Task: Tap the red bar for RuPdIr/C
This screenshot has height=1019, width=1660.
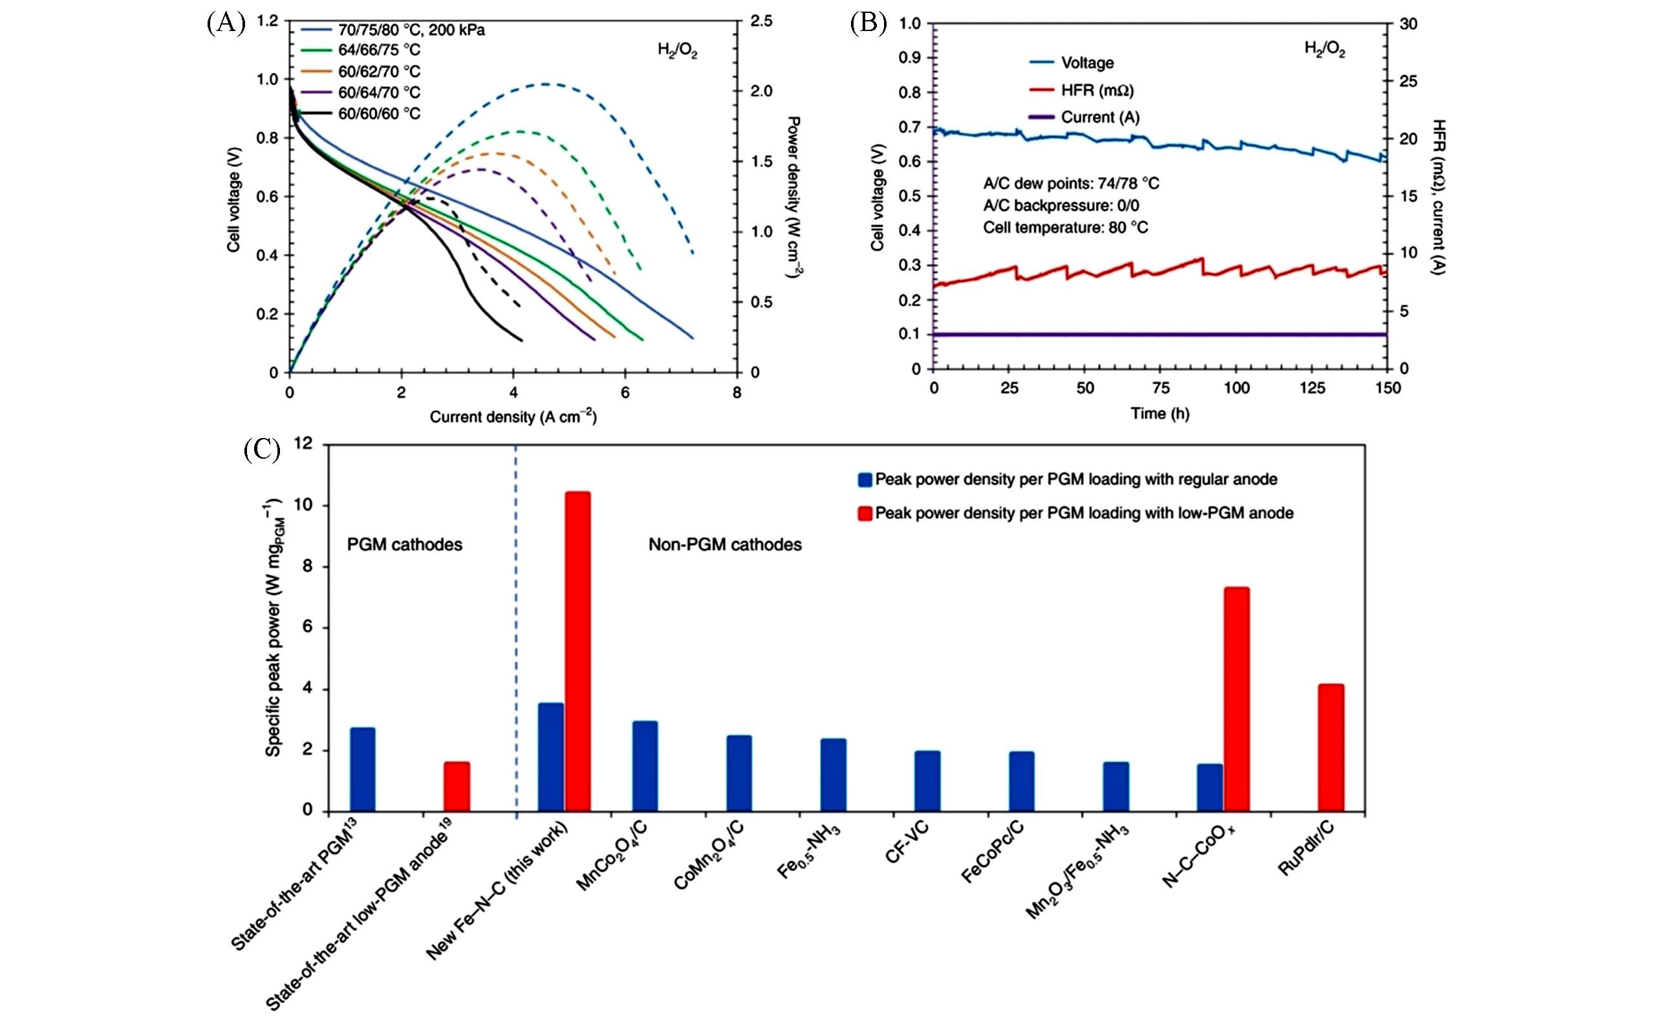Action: (1331, 747)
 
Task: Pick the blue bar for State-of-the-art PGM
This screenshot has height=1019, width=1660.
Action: (362, 769)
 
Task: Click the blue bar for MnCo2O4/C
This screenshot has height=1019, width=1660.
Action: (645, 765)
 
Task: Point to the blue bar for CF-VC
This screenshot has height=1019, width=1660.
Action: (927, 780)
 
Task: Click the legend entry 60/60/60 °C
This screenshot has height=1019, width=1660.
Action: (378, 114)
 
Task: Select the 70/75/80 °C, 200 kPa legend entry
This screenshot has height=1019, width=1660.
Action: (411, 30)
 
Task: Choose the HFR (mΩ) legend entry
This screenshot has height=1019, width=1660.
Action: (1097, 91)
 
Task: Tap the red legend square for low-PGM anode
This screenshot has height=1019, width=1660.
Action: (865, 514)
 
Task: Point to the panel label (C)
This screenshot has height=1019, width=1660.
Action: (261, 450)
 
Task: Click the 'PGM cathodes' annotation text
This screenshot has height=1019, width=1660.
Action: (404, 545)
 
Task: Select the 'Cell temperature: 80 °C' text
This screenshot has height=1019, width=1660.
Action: (1065, 228)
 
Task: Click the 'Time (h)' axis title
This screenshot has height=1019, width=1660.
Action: (1159, 414)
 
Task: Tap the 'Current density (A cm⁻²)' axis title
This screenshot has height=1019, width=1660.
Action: (513, 417)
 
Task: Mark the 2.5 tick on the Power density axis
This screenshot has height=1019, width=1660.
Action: (761, 21)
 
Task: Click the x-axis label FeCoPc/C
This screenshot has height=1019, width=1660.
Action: (993, 853)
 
